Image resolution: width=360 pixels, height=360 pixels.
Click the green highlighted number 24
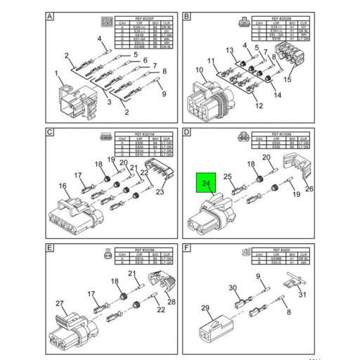(206, 184)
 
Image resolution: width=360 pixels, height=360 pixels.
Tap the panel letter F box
(187, 248)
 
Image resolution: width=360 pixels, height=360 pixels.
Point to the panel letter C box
(50, 133)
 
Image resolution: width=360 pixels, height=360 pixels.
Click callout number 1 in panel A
(57, 73)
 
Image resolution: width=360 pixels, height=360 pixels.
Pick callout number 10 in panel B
(199, 70)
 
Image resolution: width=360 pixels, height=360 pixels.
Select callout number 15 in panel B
(287, 80)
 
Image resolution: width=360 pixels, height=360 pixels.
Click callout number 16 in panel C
(63, 186)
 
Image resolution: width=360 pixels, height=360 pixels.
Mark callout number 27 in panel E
(61, 304)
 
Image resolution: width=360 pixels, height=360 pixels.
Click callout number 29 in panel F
(206, 307)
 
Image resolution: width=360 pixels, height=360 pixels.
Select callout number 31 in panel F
(303, 295)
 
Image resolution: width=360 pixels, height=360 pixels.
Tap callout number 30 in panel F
(233, 288)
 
